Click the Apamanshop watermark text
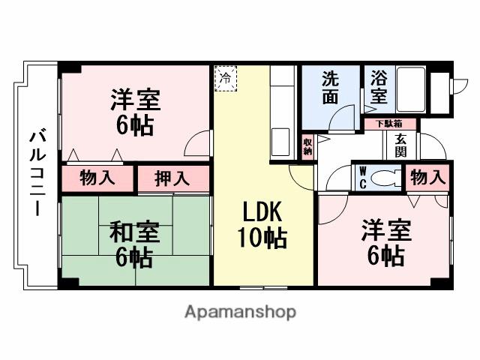[x=240, y=311]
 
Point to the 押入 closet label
[x=172, y=179]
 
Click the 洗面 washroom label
[x=331, y=88]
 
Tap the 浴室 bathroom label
[x=379, y=88]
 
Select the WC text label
[x=362, y=176]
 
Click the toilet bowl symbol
[x=386, y=177]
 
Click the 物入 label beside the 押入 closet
[x=97, y=179]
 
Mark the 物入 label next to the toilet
[x=428, y=177]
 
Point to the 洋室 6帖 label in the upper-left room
[x=135, y=112]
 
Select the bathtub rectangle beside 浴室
[x=412, y=91]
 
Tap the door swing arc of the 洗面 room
[x=345, y=118]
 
